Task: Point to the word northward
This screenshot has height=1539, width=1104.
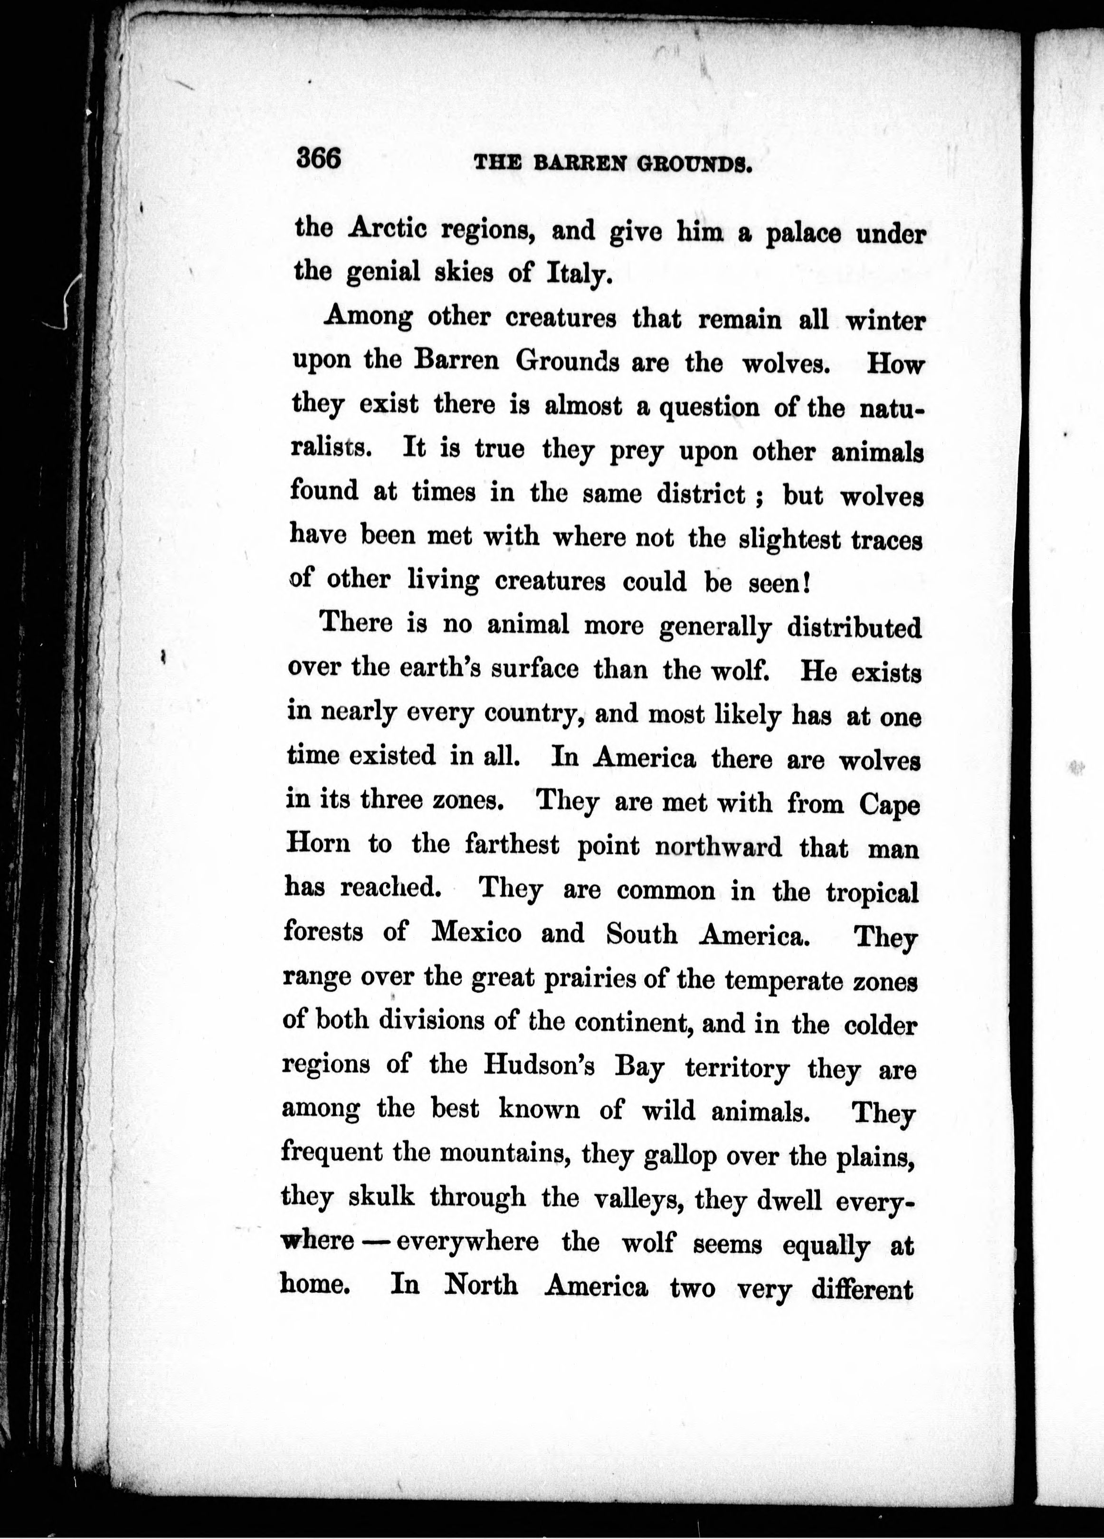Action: coord(719,847)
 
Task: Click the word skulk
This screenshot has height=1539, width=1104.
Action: coord(381,1197)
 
